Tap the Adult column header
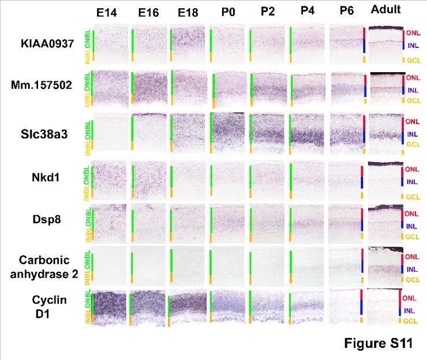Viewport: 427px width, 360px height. [386, 10]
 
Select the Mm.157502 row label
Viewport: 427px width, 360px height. [49, 85]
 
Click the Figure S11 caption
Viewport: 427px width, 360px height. [378, 344]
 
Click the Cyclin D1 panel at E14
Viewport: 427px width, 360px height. [110, 308]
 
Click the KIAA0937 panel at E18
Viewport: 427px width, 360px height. [188, 43]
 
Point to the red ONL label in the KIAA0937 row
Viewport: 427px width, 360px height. [413, 34]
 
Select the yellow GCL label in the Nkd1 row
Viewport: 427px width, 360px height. [413, 197]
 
